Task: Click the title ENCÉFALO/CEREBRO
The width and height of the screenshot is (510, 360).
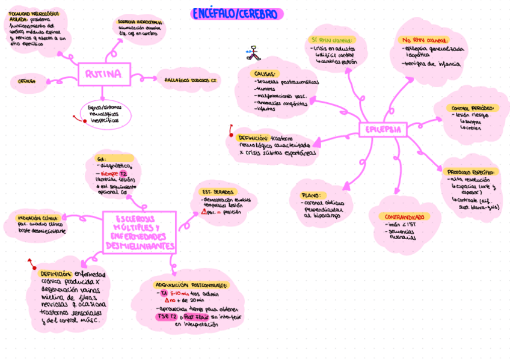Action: click(237, 14)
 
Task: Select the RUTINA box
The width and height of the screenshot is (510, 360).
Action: click(104, 75)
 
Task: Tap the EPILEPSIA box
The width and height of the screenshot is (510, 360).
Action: click(382, 129)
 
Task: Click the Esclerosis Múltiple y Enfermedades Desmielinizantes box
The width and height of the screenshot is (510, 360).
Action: click(140, 231)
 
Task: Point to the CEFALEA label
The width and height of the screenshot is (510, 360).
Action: click(26, 81)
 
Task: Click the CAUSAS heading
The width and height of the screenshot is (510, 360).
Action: click(266, 73)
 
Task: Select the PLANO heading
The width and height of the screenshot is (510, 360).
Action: click(312, 195)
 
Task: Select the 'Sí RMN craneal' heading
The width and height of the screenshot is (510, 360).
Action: click(331, 40)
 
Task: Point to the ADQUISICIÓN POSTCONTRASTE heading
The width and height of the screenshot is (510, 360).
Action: click(191, 284)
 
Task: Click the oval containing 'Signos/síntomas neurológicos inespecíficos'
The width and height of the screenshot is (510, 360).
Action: click(103, 112)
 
